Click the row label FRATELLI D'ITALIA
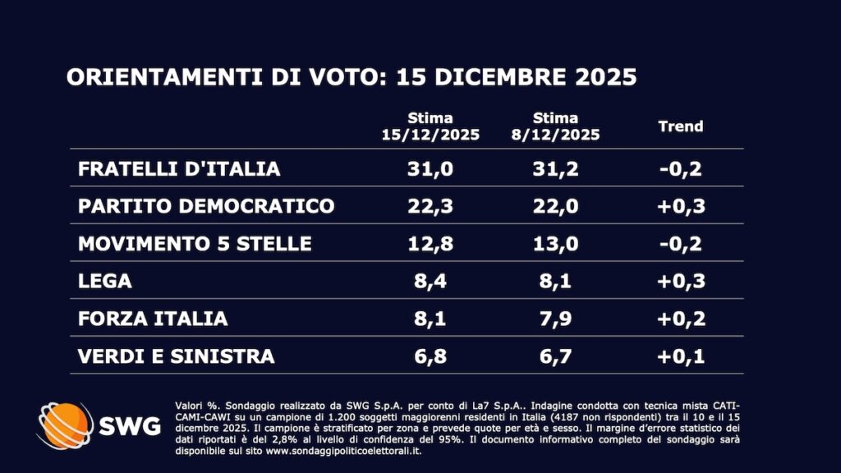(x=178, y=169)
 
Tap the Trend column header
(x=681, y=126)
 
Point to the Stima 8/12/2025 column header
(x=555, y=126)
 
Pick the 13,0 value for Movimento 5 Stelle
(x=555, y=244)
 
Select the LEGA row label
(x=104, y=282)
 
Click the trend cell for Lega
(x=681, y=282)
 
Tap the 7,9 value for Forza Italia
(x=555, y=319)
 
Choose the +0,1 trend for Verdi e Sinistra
(x=681, y=356)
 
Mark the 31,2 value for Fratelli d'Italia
(x=555, y=169)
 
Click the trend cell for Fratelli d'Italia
(x=681, y=169)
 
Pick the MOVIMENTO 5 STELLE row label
(x=195, y=244)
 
